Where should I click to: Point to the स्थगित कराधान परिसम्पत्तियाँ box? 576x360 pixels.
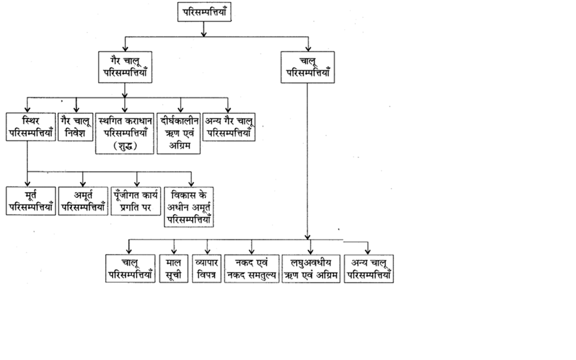point(125,133)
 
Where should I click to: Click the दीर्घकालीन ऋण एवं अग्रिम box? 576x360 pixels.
point(178,133)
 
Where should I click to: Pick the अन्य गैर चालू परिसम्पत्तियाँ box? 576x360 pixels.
point(229,127)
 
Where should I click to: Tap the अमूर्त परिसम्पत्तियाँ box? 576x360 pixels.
point(83,201)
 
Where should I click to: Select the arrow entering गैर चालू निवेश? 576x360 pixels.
point(77,107)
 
